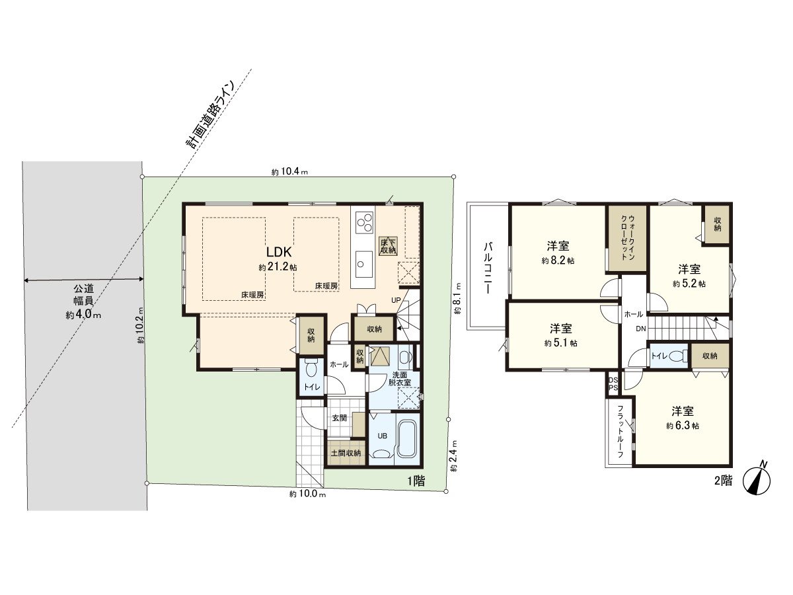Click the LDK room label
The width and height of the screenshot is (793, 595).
279,251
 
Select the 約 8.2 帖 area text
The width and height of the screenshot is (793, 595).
558,260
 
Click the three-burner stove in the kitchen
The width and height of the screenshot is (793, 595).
363,223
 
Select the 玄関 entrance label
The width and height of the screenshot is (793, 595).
340,418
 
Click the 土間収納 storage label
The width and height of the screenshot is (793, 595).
346,453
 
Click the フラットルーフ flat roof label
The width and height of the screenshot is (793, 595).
620,432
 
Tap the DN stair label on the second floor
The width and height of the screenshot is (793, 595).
640,329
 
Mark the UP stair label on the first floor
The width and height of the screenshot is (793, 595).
396,300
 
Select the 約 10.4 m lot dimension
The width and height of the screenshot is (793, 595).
289,172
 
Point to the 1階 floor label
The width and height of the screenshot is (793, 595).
416,481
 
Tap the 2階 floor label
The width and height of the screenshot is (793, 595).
723,481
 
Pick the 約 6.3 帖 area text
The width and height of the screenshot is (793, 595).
683,426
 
